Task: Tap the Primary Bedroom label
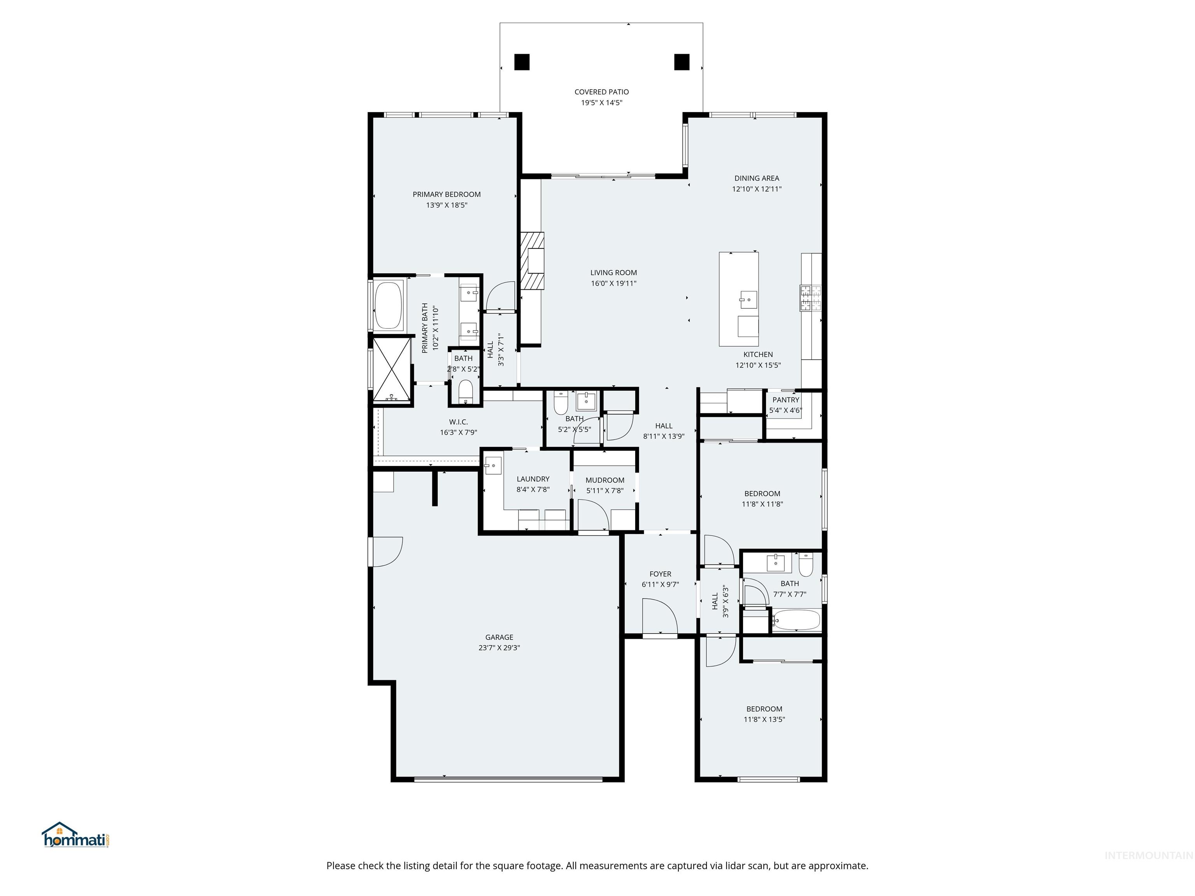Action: pyautogui.click(x=446, y=194)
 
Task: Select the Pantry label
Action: pyautogui.click(x=785, y=400)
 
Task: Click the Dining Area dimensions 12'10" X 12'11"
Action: pyautogui.click(x=756, y=189)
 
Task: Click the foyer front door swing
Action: pyautogui.click(x=659, y=616)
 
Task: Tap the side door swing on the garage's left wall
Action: pyautogui.click(x=386, y=551)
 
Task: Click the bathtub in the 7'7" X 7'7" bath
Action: pyautogui.click(x=796, y=620)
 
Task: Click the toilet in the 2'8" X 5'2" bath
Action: pyautogui.click(x=465, y=391)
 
